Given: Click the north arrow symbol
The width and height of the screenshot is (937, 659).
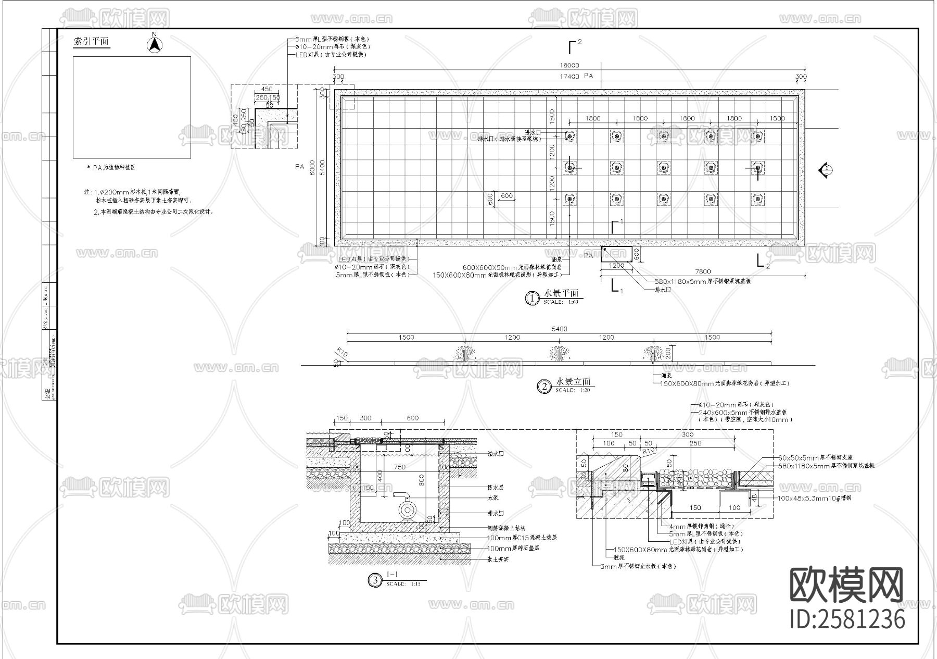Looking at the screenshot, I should coord(154,44).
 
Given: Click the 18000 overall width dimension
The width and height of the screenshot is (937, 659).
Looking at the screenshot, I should coord(569,66).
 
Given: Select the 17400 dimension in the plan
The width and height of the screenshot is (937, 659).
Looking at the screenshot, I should coord(569,77).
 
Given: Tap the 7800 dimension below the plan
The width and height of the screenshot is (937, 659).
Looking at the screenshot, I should coord(703,271).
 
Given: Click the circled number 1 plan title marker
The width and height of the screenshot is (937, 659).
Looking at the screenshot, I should coord(532,299).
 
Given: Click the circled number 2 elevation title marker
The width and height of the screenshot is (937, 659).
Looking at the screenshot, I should coord(544,387).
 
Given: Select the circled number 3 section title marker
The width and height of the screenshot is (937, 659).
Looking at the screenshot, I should coord(374,580).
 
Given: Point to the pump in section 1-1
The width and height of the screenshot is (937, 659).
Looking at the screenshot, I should coord(408,509).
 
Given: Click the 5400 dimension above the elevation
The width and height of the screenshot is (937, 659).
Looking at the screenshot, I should coord(559,329).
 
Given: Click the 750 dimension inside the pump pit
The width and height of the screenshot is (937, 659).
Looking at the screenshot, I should coord(399,467).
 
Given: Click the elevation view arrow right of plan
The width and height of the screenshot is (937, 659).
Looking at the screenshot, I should coord(825,170).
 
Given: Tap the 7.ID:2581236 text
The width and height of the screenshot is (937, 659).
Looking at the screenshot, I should coord(847,619).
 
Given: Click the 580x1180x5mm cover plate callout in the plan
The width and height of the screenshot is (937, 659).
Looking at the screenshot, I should coord(703,281).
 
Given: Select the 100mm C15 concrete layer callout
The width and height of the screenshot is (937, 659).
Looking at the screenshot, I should coord(522,538).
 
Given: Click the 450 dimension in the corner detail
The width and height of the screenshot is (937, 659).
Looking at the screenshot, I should coord(267,89).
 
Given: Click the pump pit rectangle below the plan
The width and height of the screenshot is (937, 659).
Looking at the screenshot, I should coord(616,254).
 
